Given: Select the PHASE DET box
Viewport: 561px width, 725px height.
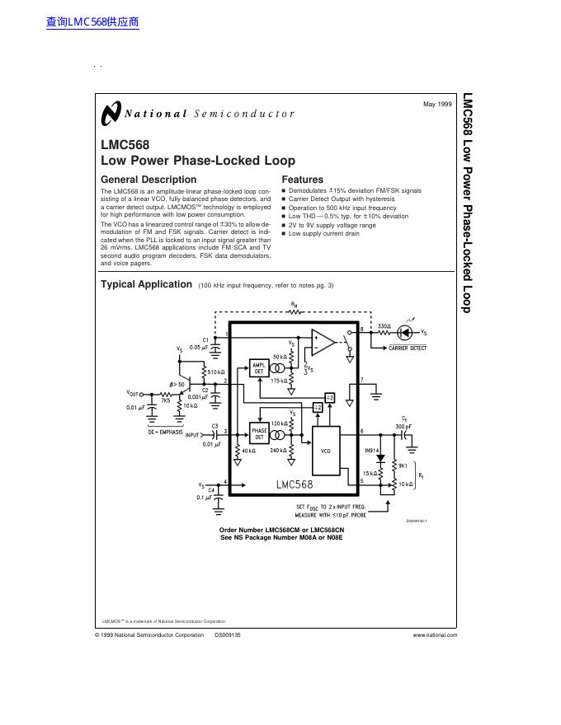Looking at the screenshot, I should pos(259,434).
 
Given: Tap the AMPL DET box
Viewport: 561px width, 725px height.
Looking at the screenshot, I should pos(258,368).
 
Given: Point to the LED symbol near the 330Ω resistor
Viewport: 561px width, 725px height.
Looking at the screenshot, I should pos(403,332).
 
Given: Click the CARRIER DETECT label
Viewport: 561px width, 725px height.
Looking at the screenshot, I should pos(408,348).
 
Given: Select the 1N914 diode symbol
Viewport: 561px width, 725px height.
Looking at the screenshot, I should pos(379,457).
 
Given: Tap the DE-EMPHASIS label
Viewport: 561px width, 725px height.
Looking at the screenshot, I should pos(166,432).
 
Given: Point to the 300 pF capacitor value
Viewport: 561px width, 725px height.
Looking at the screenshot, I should pos(403,425).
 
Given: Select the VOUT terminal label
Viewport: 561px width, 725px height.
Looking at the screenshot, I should pos(133,393).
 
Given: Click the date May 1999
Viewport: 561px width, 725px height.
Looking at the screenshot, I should pos(437,105).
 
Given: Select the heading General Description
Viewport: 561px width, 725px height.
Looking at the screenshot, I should pos(148,180).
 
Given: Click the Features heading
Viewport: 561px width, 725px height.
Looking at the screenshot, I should pos(303,180).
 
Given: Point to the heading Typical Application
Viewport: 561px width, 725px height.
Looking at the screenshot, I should pos(146,284).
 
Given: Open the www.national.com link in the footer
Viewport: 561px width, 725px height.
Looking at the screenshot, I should pos(435,635).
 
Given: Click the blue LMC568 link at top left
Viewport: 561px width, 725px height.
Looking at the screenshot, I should pos(93,22).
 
